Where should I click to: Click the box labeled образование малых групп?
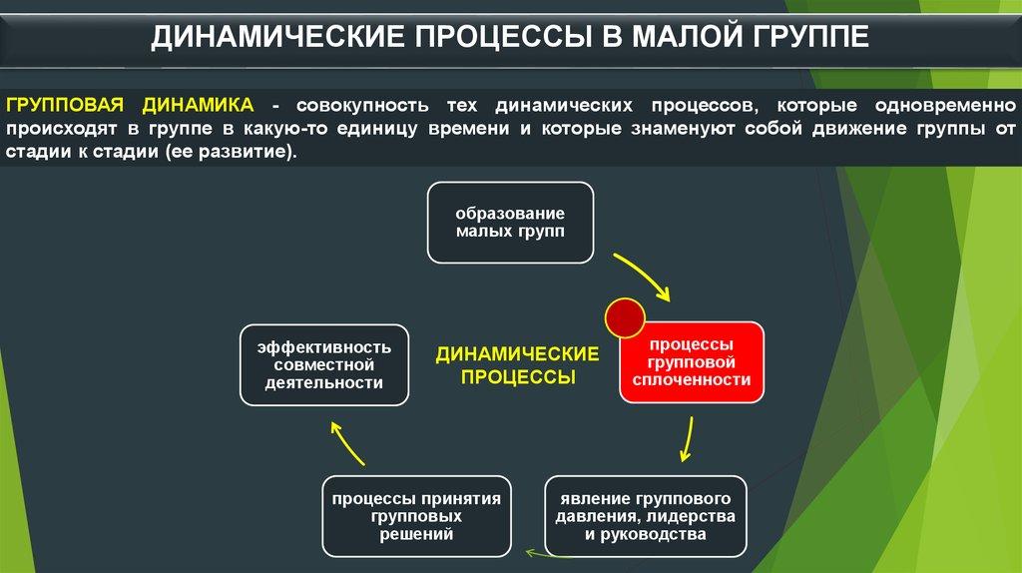510,223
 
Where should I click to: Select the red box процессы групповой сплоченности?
692,362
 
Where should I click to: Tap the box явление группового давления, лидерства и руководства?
646,516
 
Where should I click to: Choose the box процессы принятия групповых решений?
416,516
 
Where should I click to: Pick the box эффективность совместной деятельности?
324,364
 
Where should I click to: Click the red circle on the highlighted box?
625,317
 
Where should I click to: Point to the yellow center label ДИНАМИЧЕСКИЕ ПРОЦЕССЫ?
517,365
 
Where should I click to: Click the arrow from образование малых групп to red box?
644,275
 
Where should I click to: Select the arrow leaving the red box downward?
687,439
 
